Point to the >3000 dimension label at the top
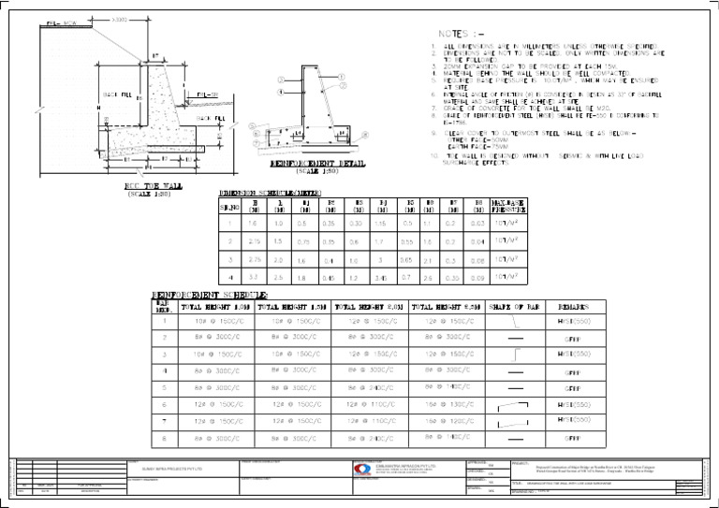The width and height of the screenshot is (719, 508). coord(121,18)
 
